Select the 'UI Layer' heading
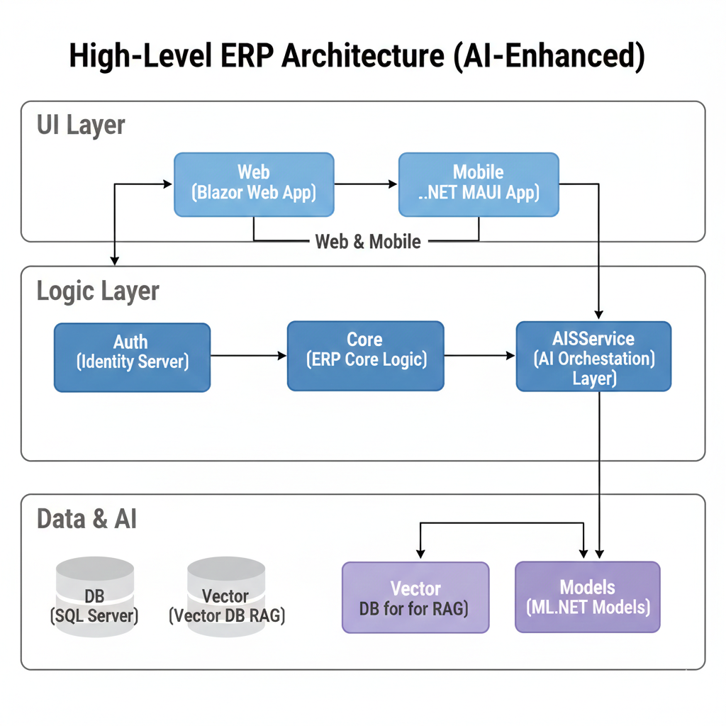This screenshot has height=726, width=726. pyautogui.click(x=81, y=125)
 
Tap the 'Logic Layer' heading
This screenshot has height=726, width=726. pyautogui.click(x=98, y=291)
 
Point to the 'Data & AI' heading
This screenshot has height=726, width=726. pyautogui.click(x=86, y=519)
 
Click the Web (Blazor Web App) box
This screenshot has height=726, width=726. pyautogui.click(x=254, y=184)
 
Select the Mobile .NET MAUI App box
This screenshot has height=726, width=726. pyautogui.click(x=479, y=184)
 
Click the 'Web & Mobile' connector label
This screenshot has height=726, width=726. pyautogui.click(x=367, y=242)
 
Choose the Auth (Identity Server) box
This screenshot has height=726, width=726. pyautogui.click(x=132, y=357)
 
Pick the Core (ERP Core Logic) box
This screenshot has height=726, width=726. pyautogui.click(x=365, y=355)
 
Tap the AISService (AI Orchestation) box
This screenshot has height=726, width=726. pyautogui.click(x=593, y=356)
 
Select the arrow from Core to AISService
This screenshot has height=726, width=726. pyautogui.click(x=479, y=356)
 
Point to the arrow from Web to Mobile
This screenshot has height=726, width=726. pyautogui.click(x=366, y=184)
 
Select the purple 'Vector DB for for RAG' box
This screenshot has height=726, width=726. pyautogui.click(x=415, y=597)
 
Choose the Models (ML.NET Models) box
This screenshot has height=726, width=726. pyautogui.click(x=587, y=597)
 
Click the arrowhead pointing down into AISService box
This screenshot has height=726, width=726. pyautogui.click(x=599, y=314)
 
